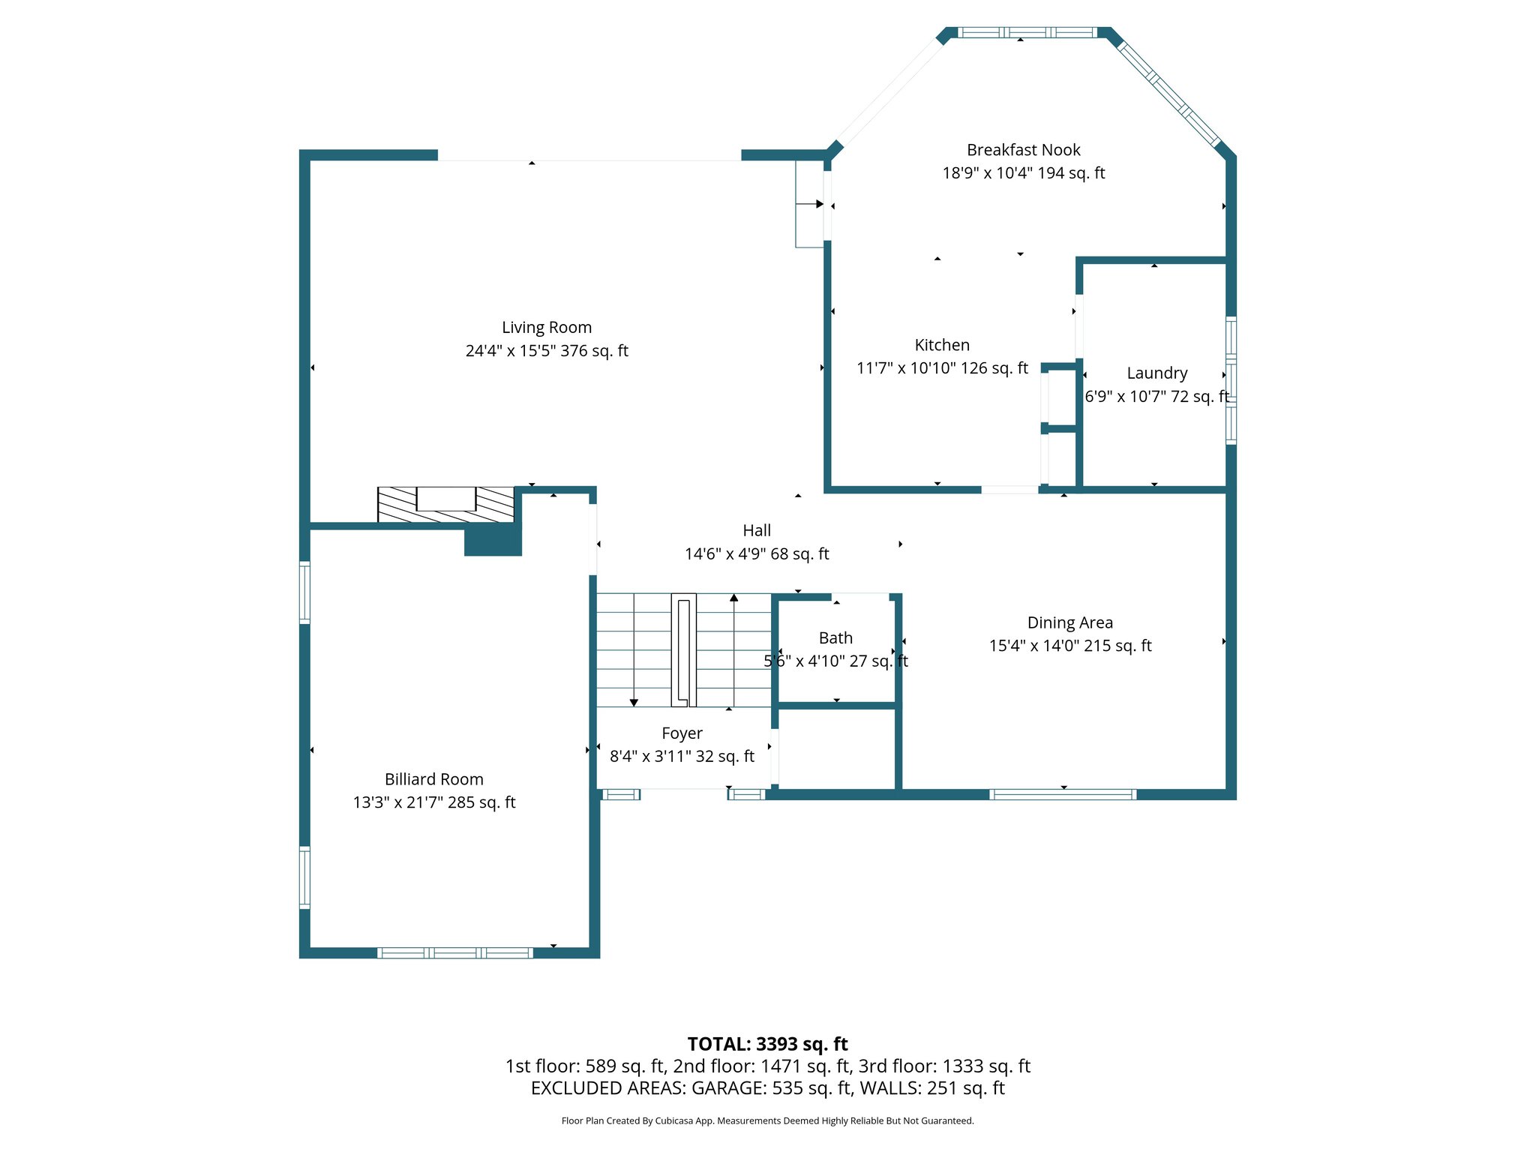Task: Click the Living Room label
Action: tap(547, 328)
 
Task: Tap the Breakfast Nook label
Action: tap(1023, 150)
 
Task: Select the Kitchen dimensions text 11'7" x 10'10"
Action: tap(942, 368)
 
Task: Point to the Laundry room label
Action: tap(1156, 373)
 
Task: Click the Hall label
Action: tap(757, 531)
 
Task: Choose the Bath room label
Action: tap(835, 638)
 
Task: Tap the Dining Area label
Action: tap(1069, 622)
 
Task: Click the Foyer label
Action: tap(682, 733)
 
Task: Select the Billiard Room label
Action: tap(433, 779)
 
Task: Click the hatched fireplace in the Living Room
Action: tap(445, 505)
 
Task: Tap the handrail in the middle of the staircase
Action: tap(683, 650)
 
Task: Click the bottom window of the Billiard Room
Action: tap(455, 953)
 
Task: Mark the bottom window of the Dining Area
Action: tap(1063, 795)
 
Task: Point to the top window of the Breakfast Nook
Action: tap(1027, 32)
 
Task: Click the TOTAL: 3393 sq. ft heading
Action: tap(767, 1044)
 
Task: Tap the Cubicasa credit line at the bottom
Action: tap(767, 1121)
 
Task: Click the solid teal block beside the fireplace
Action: tap(493, 541)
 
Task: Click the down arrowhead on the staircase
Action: tap(634, 703)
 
